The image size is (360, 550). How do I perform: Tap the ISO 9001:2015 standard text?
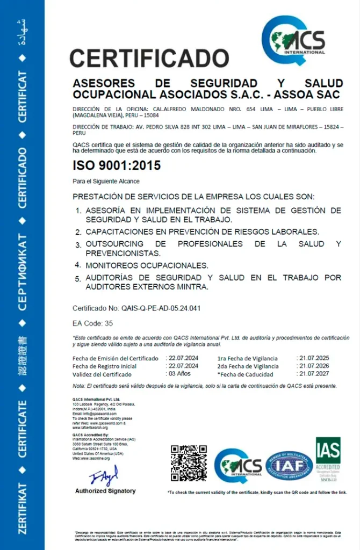coord(117,166)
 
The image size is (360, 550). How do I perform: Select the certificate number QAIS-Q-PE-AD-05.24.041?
coord(160,308)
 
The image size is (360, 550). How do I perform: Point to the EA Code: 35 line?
coord(93,323)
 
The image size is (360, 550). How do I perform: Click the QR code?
coord(189,463)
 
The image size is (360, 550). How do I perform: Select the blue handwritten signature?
coord(104,476)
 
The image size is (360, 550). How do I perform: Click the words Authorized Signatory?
coord(105,491)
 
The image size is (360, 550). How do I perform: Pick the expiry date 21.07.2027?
coord(314,374)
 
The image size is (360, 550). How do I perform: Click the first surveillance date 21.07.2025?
coord(314,358)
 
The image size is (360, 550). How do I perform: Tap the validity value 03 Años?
coord(180,374)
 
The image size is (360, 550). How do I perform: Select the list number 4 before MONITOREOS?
coord(78,265)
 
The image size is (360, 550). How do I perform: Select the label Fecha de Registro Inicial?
coord(104,366)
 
